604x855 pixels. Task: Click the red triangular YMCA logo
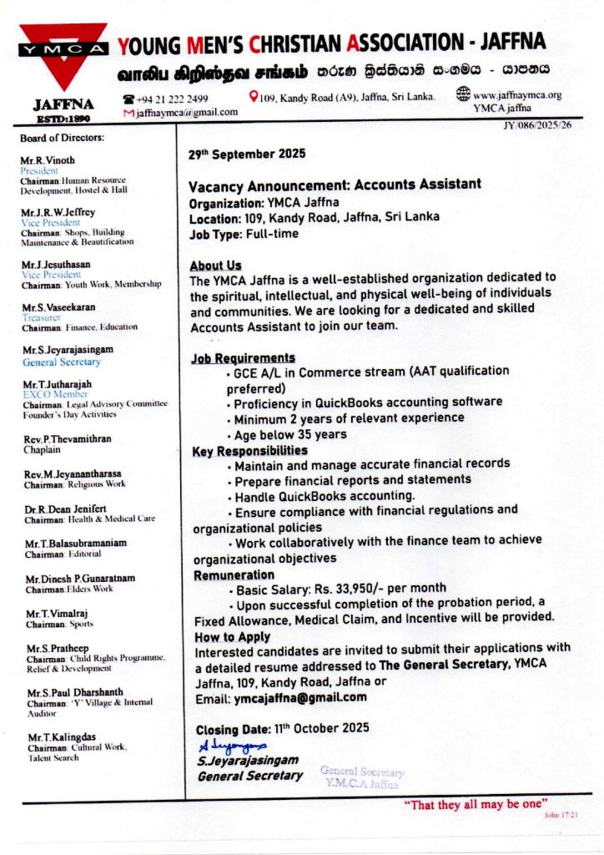(63, 52)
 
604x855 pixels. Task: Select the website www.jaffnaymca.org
(516, 95)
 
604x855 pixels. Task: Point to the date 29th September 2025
(247, 154)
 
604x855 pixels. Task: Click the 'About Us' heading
(215, 266)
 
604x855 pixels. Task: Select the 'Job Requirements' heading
(244, 357)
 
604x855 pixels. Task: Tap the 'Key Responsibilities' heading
(249, 451)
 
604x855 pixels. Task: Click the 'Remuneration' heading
(234, 575)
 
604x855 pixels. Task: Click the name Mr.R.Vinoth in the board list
(48, 160)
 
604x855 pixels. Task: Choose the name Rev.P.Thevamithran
(68, 438)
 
